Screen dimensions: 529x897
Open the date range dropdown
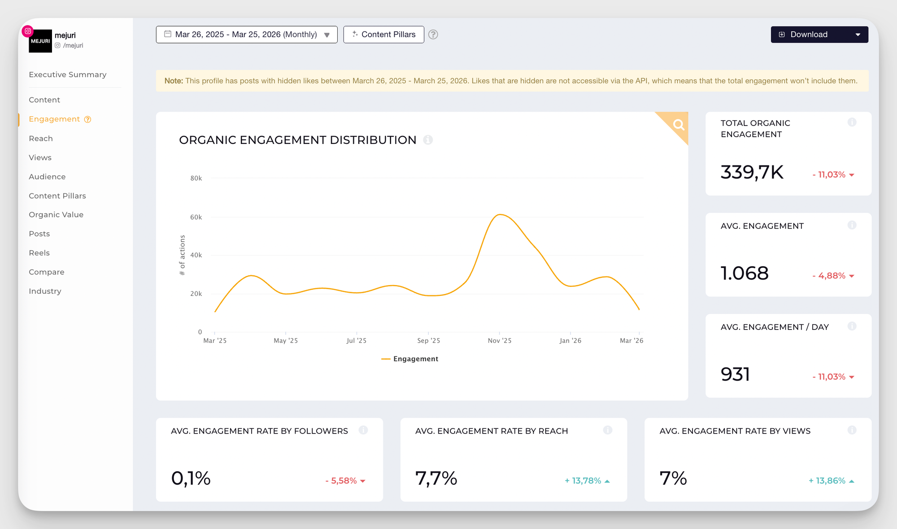246,35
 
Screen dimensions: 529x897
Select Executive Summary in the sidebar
68,74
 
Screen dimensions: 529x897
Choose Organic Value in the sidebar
56,215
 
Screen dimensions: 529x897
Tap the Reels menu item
39,253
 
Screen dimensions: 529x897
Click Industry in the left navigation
45,291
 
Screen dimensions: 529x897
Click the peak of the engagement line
500,215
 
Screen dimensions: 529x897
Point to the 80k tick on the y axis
196,178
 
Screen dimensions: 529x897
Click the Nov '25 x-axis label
499,341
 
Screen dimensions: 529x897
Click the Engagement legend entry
410,359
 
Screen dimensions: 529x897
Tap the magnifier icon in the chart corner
679,124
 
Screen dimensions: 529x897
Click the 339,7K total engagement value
752,172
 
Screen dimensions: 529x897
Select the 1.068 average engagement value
745,273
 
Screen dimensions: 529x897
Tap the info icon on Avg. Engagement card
852,225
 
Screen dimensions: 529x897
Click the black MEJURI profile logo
40,41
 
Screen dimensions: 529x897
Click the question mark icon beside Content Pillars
433,35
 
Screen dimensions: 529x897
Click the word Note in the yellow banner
174,81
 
